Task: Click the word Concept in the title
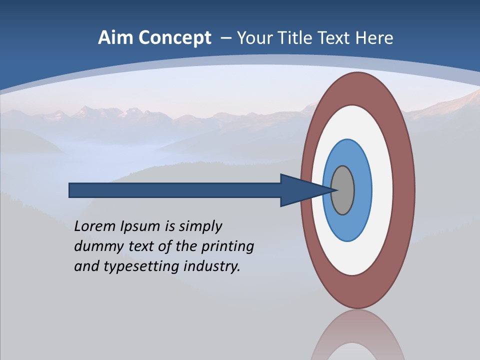pyautogui.click(x=175, y=37)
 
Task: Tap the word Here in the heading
pyautogui.click(x=374, y=37)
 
